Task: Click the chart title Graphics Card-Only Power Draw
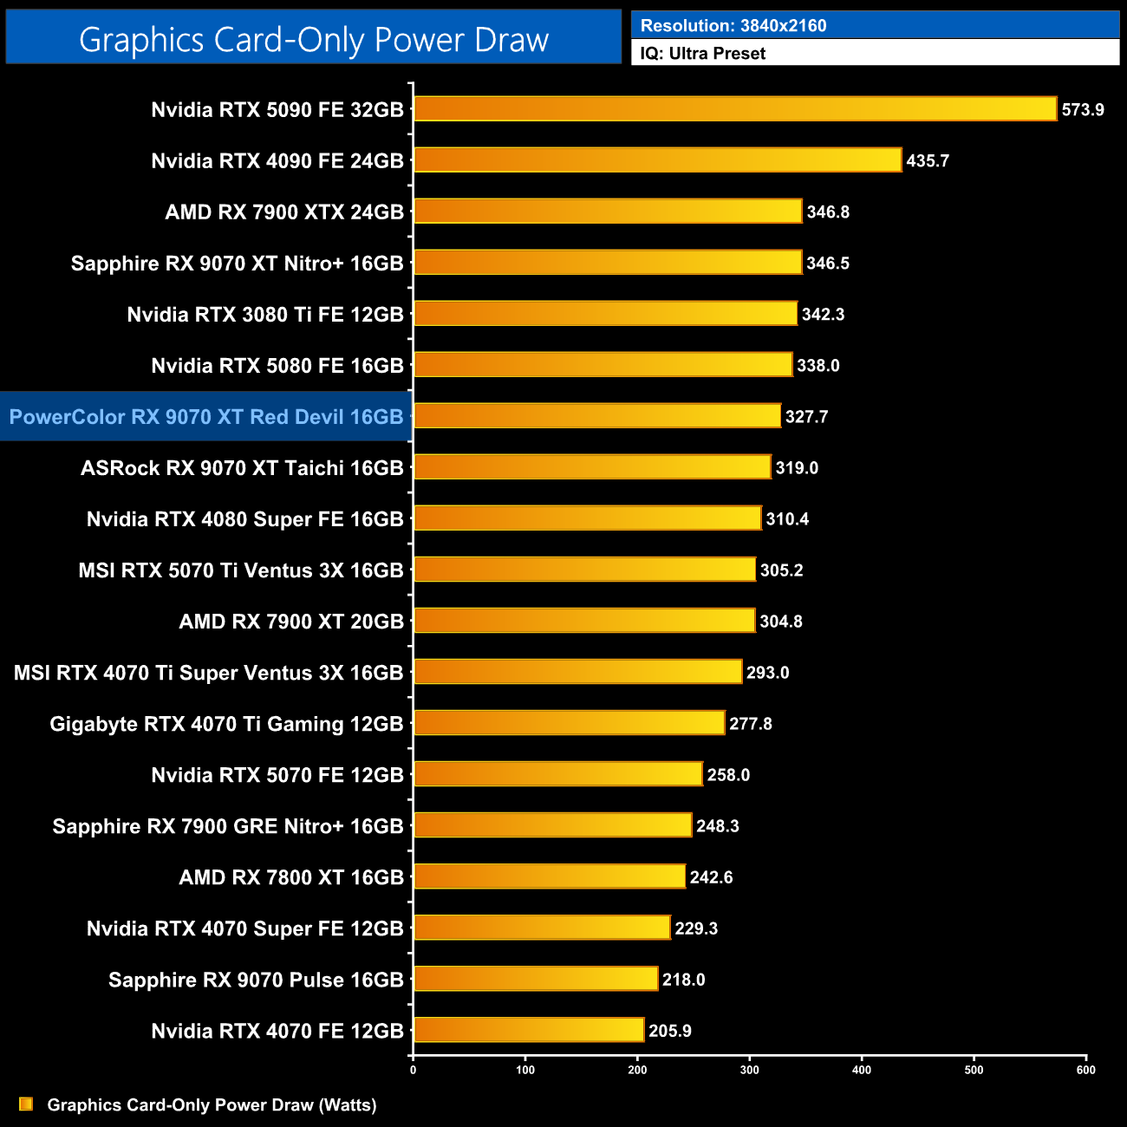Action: (314, 40)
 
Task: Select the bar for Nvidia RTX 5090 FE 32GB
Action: (735, 109)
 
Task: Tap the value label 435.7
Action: (928, 161)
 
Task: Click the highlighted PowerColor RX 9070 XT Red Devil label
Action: (206, 417)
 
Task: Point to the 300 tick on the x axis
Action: (750, 1070)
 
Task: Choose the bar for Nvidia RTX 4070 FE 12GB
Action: (529, 1030)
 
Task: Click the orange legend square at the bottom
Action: (26, 1104)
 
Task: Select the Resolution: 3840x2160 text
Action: (733, 26)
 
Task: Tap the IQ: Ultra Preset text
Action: (703, 54)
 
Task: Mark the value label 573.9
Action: (1083, 110)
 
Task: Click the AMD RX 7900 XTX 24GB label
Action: (284, 212)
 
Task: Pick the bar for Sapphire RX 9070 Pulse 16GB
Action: (536, 979)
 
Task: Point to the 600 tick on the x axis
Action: (1085, 1070)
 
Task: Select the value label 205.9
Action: (670, 1031)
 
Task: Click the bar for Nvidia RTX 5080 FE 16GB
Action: (603, 365)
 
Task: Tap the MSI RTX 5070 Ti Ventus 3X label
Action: (241, 570)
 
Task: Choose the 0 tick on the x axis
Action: (413, 1070)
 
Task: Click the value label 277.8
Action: (751, 724)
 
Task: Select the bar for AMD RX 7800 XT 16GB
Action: (550, 876)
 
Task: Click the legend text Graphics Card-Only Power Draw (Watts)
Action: (212, 1105)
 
